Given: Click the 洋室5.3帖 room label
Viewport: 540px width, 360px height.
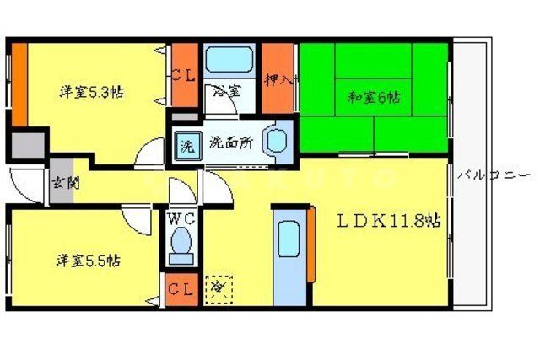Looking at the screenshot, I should click(91, 92).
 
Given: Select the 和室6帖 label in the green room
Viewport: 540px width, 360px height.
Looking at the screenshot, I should click(374, 96).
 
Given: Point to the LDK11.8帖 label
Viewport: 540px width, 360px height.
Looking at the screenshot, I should click(389, 222).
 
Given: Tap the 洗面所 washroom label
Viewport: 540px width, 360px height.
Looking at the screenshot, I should click(230, 142).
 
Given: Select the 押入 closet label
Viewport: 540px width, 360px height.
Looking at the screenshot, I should click(278, 81).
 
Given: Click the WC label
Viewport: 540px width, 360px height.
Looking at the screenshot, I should click(181, 219).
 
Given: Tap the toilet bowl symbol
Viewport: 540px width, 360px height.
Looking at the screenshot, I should click(181, 245).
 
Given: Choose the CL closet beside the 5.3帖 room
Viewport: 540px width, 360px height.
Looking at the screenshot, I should click(183, 74).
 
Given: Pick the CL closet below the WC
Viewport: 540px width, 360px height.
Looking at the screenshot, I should click(180, 289).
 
